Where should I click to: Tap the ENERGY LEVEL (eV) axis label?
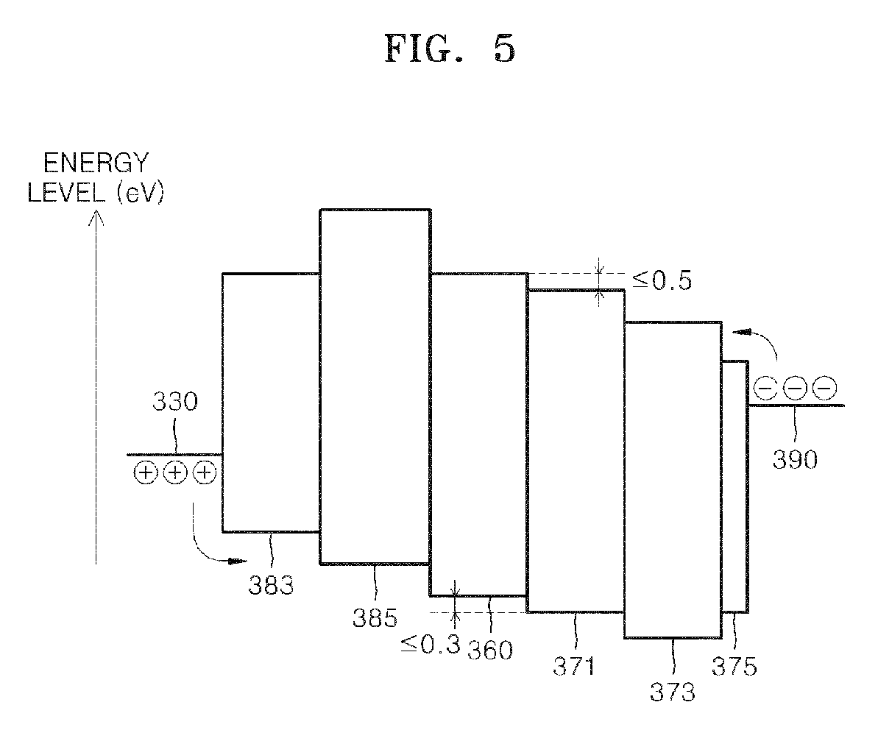(95, 177)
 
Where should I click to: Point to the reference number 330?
(174, 403)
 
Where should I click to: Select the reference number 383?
(272, 586)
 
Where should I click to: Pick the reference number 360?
(489, 650)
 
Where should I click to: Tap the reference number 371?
(573, 667)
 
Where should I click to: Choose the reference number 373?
(673, 692)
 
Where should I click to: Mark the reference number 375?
(734, 667)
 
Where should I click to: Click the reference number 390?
(795, 459)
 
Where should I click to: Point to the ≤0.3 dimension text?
(430, 644)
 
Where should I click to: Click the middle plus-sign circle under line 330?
(174, 473)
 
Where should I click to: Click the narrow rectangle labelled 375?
(734, 486)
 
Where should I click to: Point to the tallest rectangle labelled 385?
(375, 386)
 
